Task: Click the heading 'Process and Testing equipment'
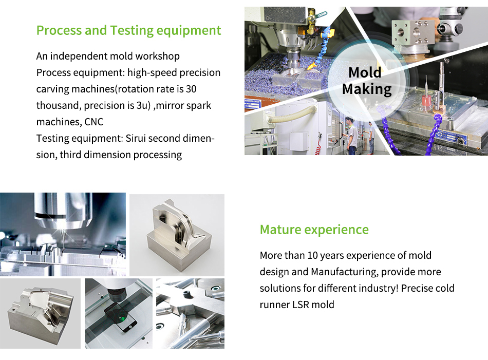click(x=128, y=30)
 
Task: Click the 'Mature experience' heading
click(x=314, y=230)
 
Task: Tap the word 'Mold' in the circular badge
click(x=365, y=72)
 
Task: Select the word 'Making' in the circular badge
click(x=367, y=89)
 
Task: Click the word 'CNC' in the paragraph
click(x=93, y=122)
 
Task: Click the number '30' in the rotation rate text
click(x=191, y=89)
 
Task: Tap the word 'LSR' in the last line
click(x=301, y=305)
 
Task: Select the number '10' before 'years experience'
click(x=312, y=255)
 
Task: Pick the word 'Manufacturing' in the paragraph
click(x=345, y=272)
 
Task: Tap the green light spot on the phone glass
click(x=123, y=318)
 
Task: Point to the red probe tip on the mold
click(x=425, y=101)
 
